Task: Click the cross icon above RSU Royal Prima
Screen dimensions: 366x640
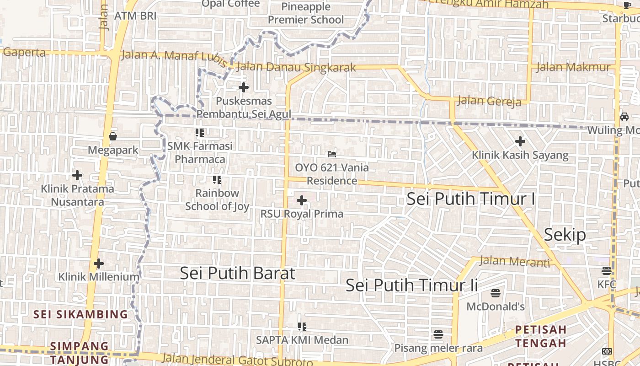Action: tap(302, 200)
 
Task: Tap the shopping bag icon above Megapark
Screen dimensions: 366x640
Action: tap(113, 136)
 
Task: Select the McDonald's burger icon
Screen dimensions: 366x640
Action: tap(496, 293)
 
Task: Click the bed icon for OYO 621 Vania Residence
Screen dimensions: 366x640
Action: tap(332, 154)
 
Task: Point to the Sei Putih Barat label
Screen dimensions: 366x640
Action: tap(237, 273)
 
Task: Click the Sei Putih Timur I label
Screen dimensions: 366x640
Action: tap(470, 199)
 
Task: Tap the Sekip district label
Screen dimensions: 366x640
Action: tap(565, 235)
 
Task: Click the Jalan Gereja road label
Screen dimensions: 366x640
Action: tap(489, 101)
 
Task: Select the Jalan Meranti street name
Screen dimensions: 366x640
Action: tap(514, 262)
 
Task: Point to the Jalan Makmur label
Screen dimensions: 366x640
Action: tap(573, 67)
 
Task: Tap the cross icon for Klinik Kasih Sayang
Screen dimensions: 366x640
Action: tap(520, 141)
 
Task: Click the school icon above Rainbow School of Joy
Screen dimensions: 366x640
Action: tap(217, 180)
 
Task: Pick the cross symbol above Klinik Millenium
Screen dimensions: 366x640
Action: tap(98, 264)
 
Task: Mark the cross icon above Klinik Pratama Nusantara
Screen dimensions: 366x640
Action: tap(77, 175)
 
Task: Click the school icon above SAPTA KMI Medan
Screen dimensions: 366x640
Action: tap(302, 327)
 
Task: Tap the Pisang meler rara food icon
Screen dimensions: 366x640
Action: tap(438, 334)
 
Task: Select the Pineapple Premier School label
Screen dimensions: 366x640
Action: tap(306, 13)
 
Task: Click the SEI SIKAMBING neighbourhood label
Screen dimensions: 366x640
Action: tap(80, 314)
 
